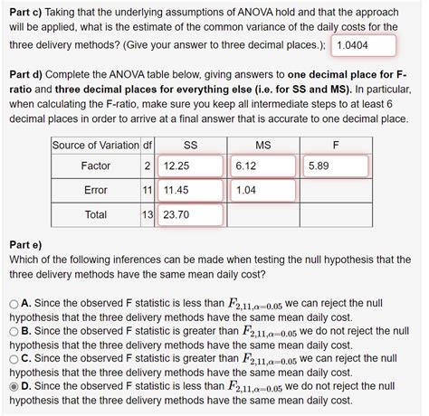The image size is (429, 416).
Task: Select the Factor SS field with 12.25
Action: coord(189,166)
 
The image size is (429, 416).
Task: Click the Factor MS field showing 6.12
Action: coord(262,166)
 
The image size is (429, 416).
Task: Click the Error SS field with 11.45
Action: coord(189,191)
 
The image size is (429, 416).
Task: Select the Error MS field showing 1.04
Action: coord(262,191)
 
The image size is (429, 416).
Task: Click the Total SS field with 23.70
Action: coord(189,215)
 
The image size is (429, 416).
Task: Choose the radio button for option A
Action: coord(13,306)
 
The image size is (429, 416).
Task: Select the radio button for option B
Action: coord(13,332)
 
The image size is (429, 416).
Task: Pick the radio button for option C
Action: coord(13,358)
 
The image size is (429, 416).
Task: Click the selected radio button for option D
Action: coord(13,385)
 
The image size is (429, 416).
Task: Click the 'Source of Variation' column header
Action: coord(96,145)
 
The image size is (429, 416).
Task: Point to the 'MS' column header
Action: coord(263,145)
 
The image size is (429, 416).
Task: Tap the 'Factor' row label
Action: coord(96,166)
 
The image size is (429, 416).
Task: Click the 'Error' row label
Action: coord(96,191)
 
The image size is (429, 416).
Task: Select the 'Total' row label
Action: coord(96,215)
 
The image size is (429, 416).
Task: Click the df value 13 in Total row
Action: coord(148,215)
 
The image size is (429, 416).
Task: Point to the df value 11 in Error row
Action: coord(148,191)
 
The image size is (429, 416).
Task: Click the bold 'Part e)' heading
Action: coord(24,244)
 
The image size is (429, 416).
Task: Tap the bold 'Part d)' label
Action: coord(26,76)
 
